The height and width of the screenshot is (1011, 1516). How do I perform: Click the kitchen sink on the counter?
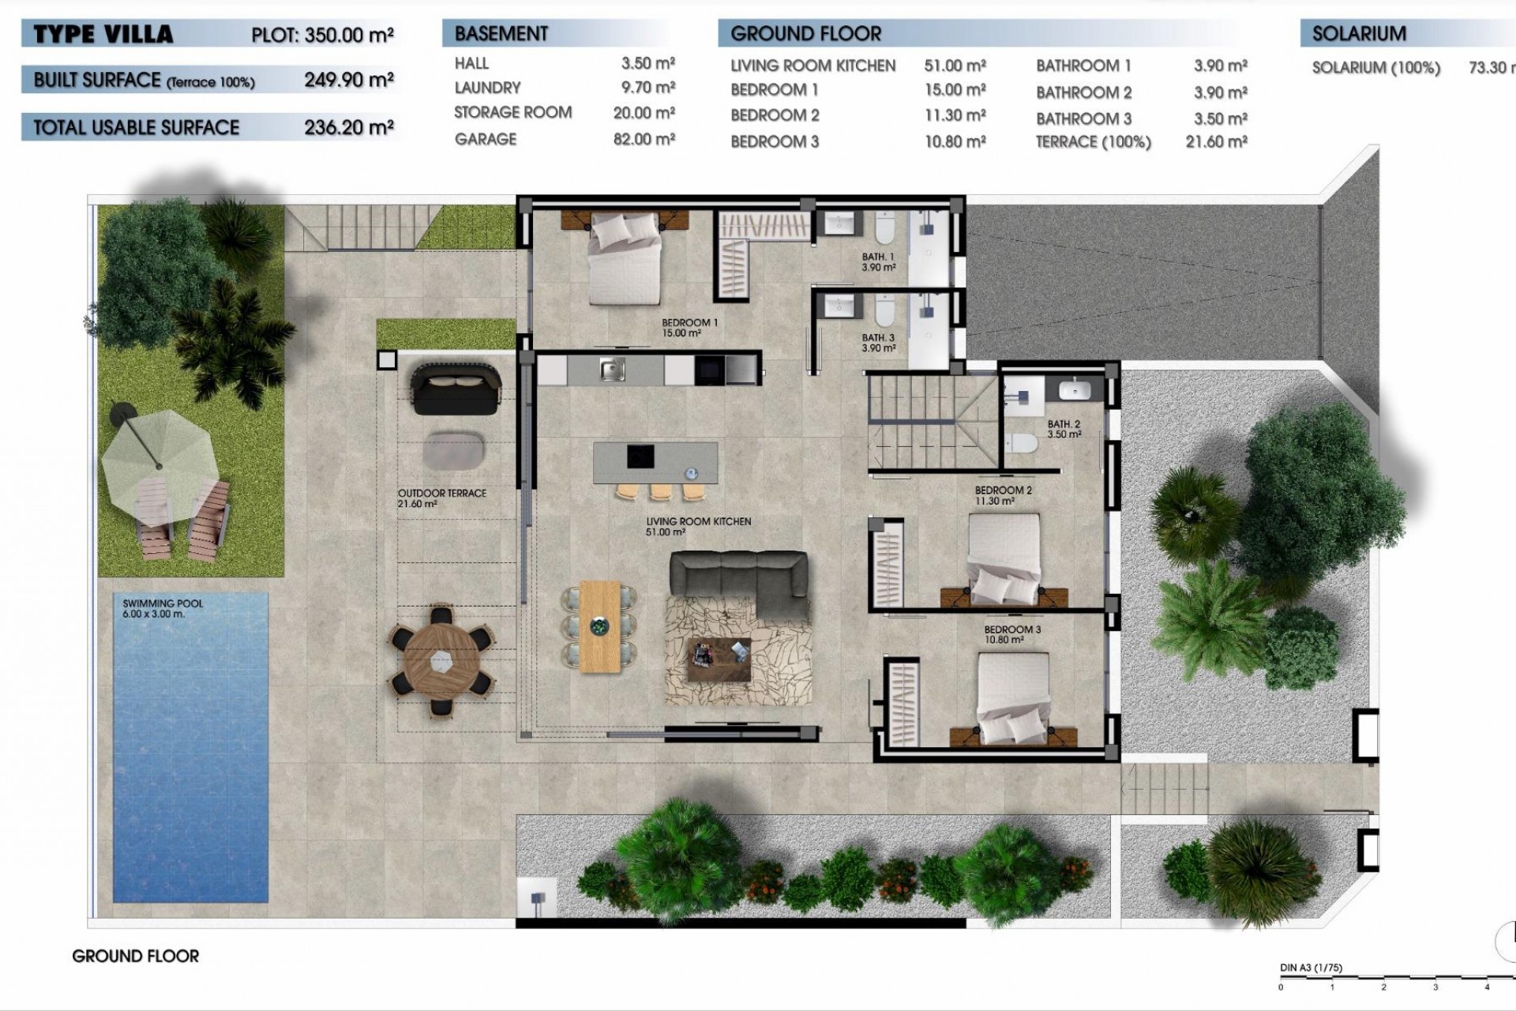(x=612, y=370)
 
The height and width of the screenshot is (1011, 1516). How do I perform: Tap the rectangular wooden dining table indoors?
(x=600, y=626)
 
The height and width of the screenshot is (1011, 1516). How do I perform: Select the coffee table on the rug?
(x=719, y=658)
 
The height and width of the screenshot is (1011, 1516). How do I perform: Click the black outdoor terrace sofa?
(x=456, y=385)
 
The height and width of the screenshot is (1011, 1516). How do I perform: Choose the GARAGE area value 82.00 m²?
(x=644, y=139)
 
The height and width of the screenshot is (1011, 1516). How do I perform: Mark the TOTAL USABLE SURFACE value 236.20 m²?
(x=348, y=127)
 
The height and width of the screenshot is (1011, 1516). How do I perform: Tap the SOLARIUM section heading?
(x=1359, y=34)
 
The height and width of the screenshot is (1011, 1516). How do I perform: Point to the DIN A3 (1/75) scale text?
(x=1311, y=968)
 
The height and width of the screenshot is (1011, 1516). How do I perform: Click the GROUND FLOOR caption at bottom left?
(x=136, y=956)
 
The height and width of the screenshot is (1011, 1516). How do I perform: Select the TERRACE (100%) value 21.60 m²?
(x=1216, y=142)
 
